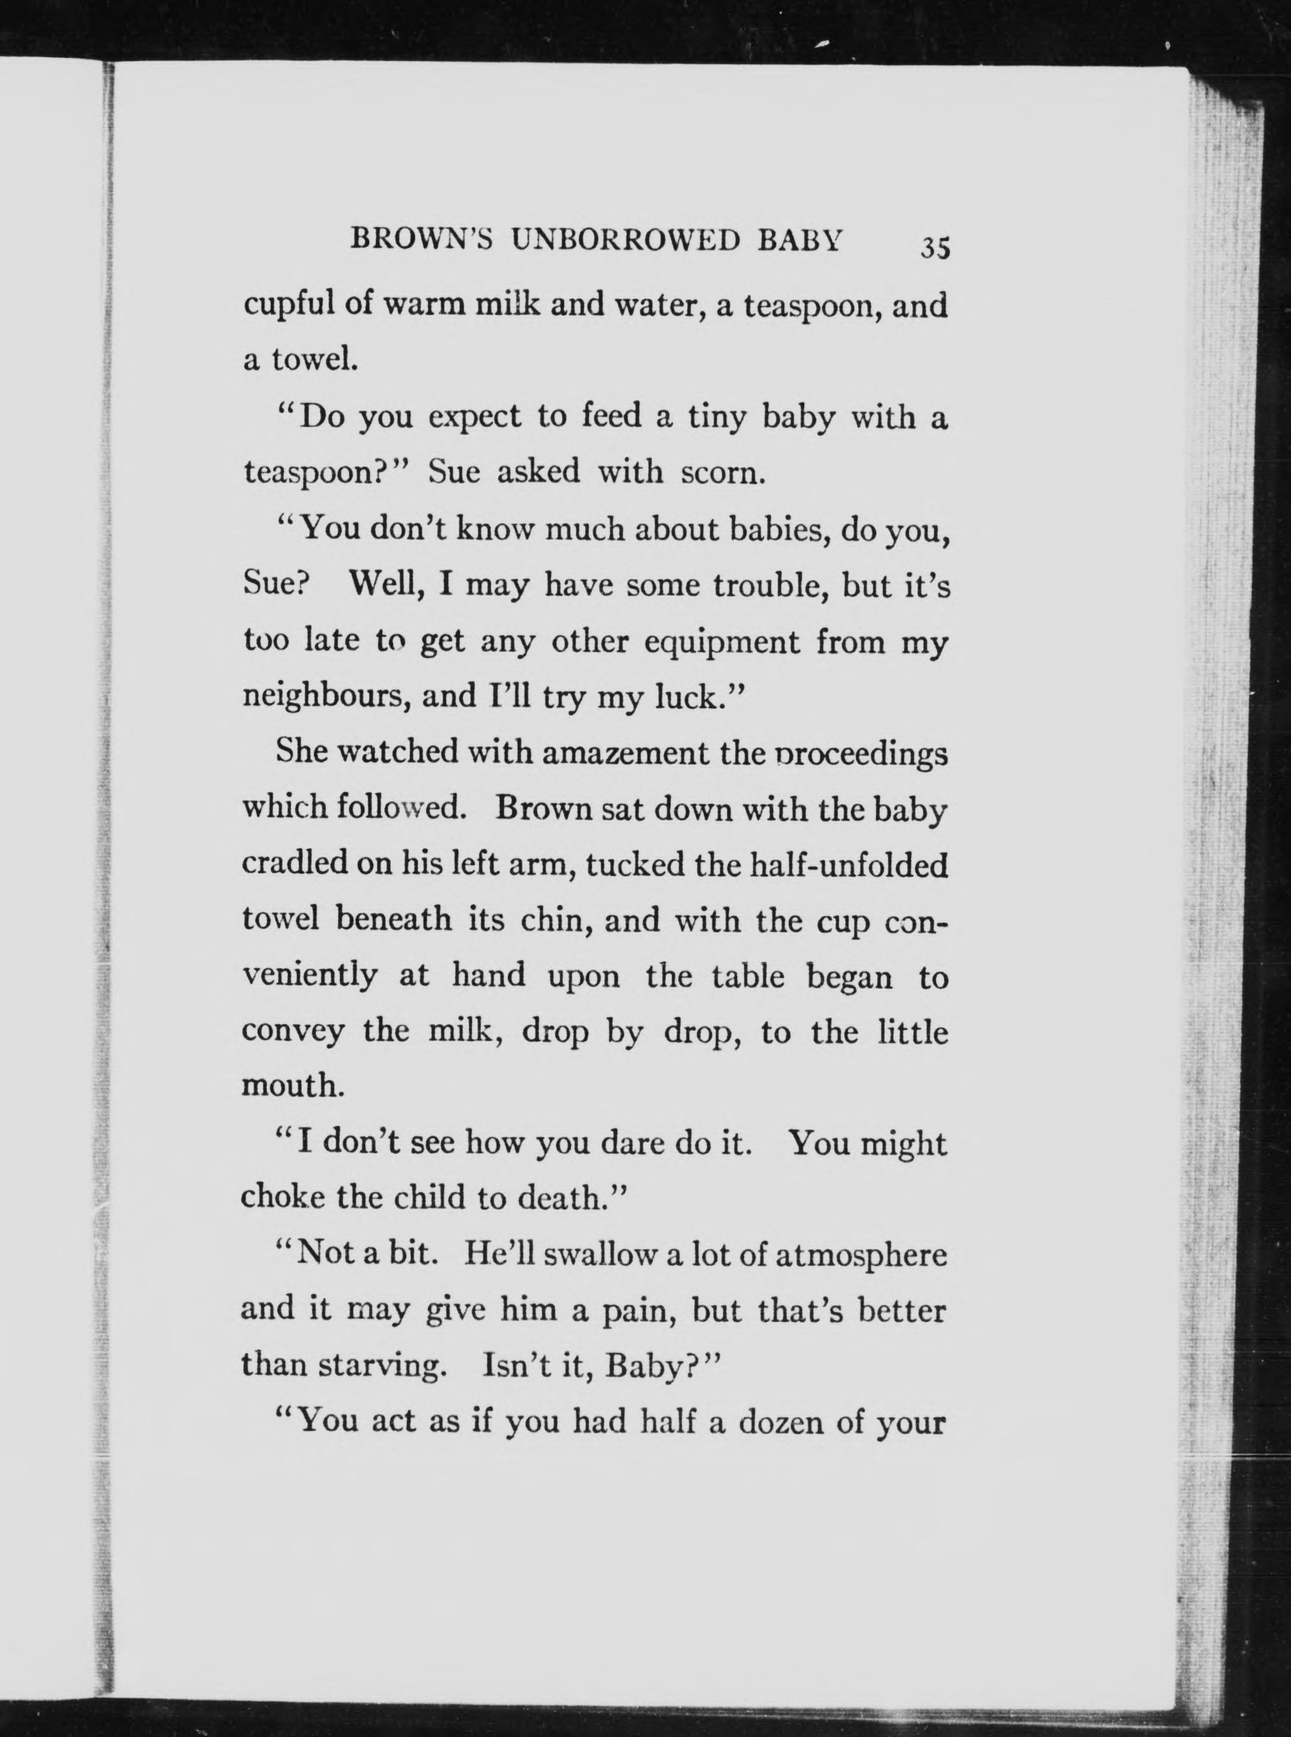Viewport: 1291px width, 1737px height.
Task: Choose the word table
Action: (x=748, y=977)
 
